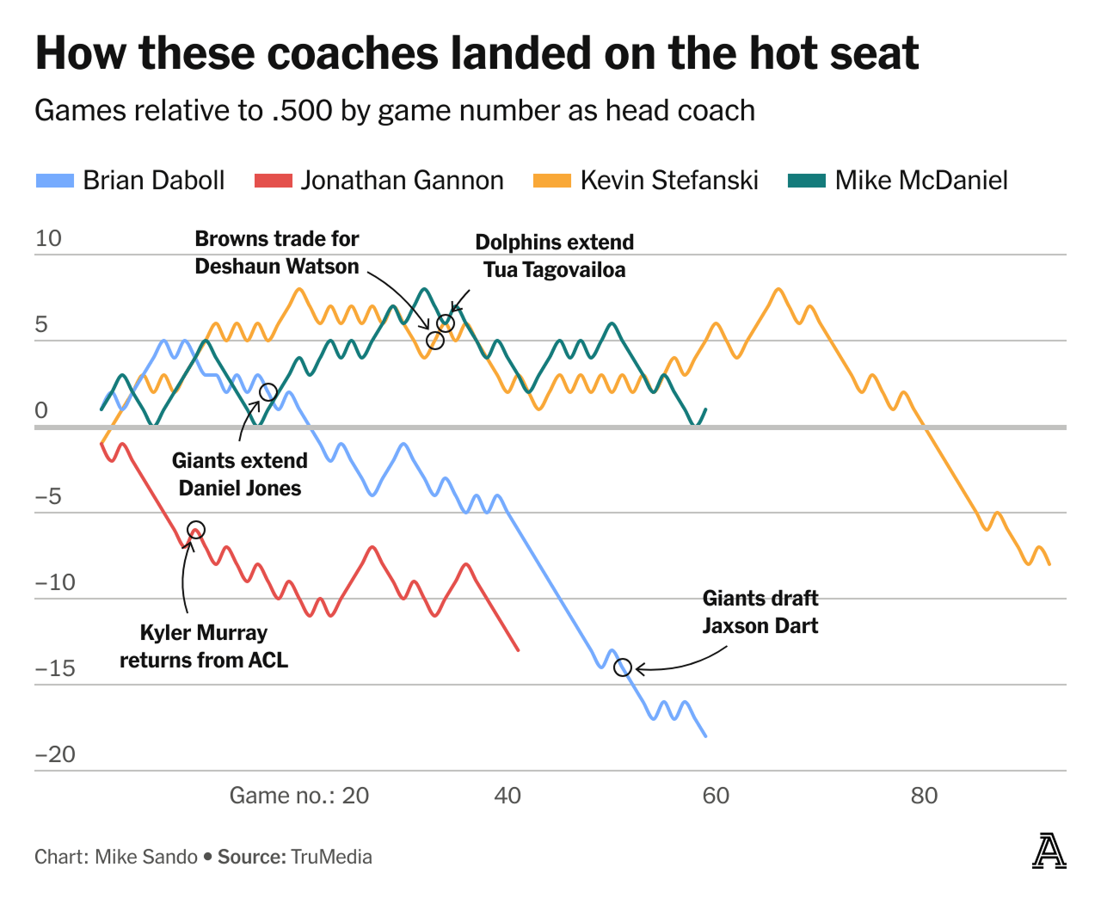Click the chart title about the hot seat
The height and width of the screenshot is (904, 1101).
[477, 53]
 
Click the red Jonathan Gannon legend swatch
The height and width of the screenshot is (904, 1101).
[274, 181]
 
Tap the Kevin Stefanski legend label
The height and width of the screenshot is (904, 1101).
[668, 181]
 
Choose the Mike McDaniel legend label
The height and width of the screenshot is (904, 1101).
[920, 181]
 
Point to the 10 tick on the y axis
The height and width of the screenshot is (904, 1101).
[48, 238]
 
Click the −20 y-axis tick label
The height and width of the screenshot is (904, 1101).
[55, 754]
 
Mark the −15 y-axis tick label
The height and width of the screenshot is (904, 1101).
[55, 668]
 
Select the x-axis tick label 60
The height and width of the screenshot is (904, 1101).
[716, 796]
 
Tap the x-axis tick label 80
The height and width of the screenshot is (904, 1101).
[924, 796]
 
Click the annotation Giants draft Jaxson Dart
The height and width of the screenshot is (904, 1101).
[760, 612]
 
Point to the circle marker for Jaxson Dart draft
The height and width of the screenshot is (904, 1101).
[623, 667]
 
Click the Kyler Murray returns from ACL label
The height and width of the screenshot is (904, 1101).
[204, 646]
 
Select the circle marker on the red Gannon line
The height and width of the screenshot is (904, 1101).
[196, 530]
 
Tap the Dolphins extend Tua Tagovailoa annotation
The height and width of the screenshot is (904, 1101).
[554, 255]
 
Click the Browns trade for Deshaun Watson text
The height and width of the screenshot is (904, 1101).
[276, 252]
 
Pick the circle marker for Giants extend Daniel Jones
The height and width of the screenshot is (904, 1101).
[268, 392]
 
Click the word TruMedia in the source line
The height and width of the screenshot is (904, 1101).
[331, 857]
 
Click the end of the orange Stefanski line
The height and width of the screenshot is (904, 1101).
[1049, 563]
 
